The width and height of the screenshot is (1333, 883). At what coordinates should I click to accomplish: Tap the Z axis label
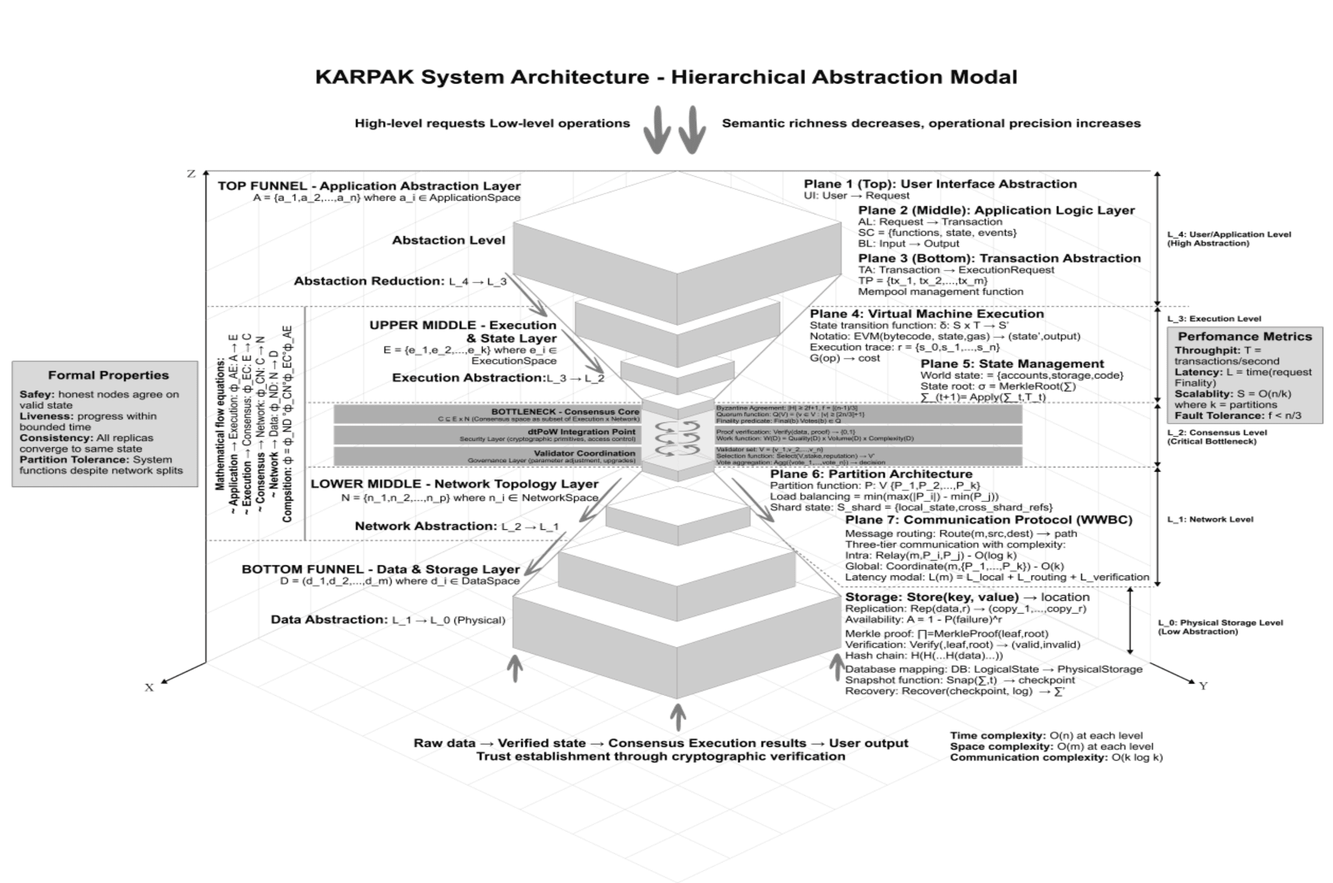pos(191,174)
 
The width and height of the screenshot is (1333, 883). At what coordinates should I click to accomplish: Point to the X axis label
pos(149,687)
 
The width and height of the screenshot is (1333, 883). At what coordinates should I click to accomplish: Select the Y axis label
pos(1203,686)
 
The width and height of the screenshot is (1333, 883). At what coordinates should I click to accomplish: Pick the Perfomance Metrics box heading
pos(1245,337)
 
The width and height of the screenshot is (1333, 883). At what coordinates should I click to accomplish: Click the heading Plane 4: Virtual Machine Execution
pos(926,314)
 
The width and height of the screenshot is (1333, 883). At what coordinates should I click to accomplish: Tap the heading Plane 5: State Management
pos(1012,364)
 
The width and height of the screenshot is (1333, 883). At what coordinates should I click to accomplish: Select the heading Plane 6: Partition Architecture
pos(871,474)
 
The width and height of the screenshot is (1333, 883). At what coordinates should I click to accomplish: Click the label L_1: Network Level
pos(1210,519)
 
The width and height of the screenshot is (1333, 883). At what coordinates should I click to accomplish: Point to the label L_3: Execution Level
pos(1213,319)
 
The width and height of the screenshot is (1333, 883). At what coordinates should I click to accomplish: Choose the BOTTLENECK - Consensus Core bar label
pos(565,412)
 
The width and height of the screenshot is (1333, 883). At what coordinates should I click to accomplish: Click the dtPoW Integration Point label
pos(581,432)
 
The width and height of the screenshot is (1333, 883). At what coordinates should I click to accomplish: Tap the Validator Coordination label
pos(584,453)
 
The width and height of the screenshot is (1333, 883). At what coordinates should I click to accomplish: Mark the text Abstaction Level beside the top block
pos(448,240)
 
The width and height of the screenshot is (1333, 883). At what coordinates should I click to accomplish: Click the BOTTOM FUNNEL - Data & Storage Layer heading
pos(380,569)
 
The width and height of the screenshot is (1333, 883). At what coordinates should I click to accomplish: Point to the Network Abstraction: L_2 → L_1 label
pos(456,527)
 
